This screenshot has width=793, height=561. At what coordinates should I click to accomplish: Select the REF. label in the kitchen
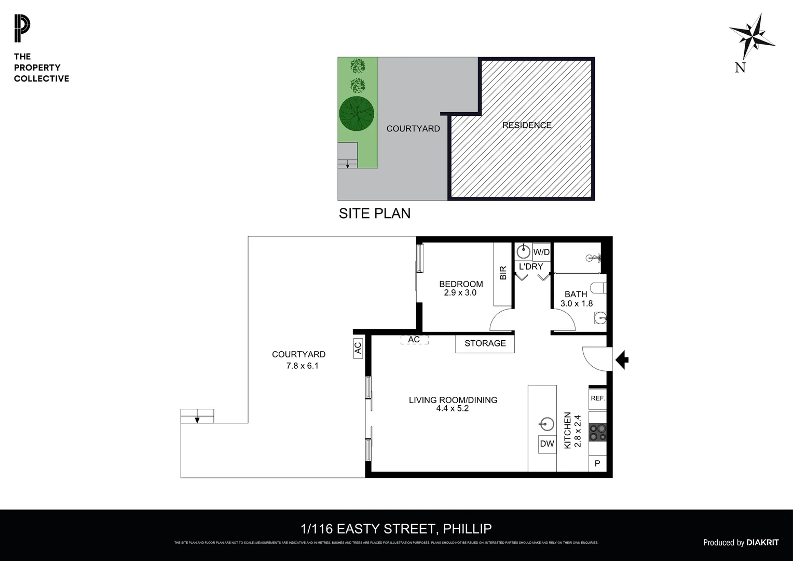tap(598, 398)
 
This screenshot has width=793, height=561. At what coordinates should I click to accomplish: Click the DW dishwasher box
tap(547, 444)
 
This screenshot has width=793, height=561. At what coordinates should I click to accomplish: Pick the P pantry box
tap(597, 463)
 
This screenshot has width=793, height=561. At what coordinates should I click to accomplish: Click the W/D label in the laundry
tap(541, 252)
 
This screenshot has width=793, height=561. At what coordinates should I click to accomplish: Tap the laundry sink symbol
tap(523, 252)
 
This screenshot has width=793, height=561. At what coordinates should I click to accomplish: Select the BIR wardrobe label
tap(502, 273)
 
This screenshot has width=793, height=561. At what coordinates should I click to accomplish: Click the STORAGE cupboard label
tap(485, 343)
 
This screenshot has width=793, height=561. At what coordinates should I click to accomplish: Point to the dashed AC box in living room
tap(414, 340)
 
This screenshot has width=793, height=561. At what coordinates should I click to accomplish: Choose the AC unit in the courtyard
tap(358, 348)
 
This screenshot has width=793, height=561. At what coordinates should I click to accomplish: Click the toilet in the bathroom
tap(599, 288)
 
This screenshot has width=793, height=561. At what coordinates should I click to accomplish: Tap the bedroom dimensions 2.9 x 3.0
tap(460, 293)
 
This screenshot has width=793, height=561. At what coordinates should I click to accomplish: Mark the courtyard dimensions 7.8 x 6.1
tap(302, 366)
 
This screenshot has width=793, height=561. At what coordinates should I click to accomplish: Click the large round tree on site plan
tap(357, 113)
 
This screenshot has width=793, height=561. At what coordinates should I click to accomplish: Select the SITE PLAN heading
tap(374, 213)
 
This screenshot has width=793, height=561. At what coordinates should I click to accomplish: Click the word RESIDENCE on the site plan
tap(526, 125)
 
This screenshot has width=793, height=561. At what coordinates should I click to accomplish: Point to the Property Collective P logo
tap(22, 29)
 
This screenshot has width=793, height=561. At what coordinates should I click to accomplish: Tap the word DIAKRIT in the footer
tap(762, 542)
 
